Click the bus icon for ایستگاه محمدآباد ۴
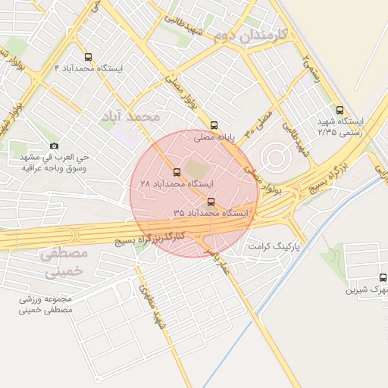pyautogui.click(x=89, y=57)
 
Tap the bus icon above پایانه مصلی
pyautogui.click(x=214, y=125)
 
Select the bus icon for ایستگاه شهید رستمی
pyautogui.click(x=339, y=110)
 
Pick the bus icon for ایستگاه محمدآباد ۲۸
pyautogui.click(x=177, y=171)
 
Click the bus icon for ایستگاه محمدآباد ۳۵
pyautogui.click(x=211, y=202)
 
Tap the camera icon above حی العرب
pyautogui.click(x=53, y=145)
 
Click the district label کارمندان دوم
pyautogui.click(x=249, y=35)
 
